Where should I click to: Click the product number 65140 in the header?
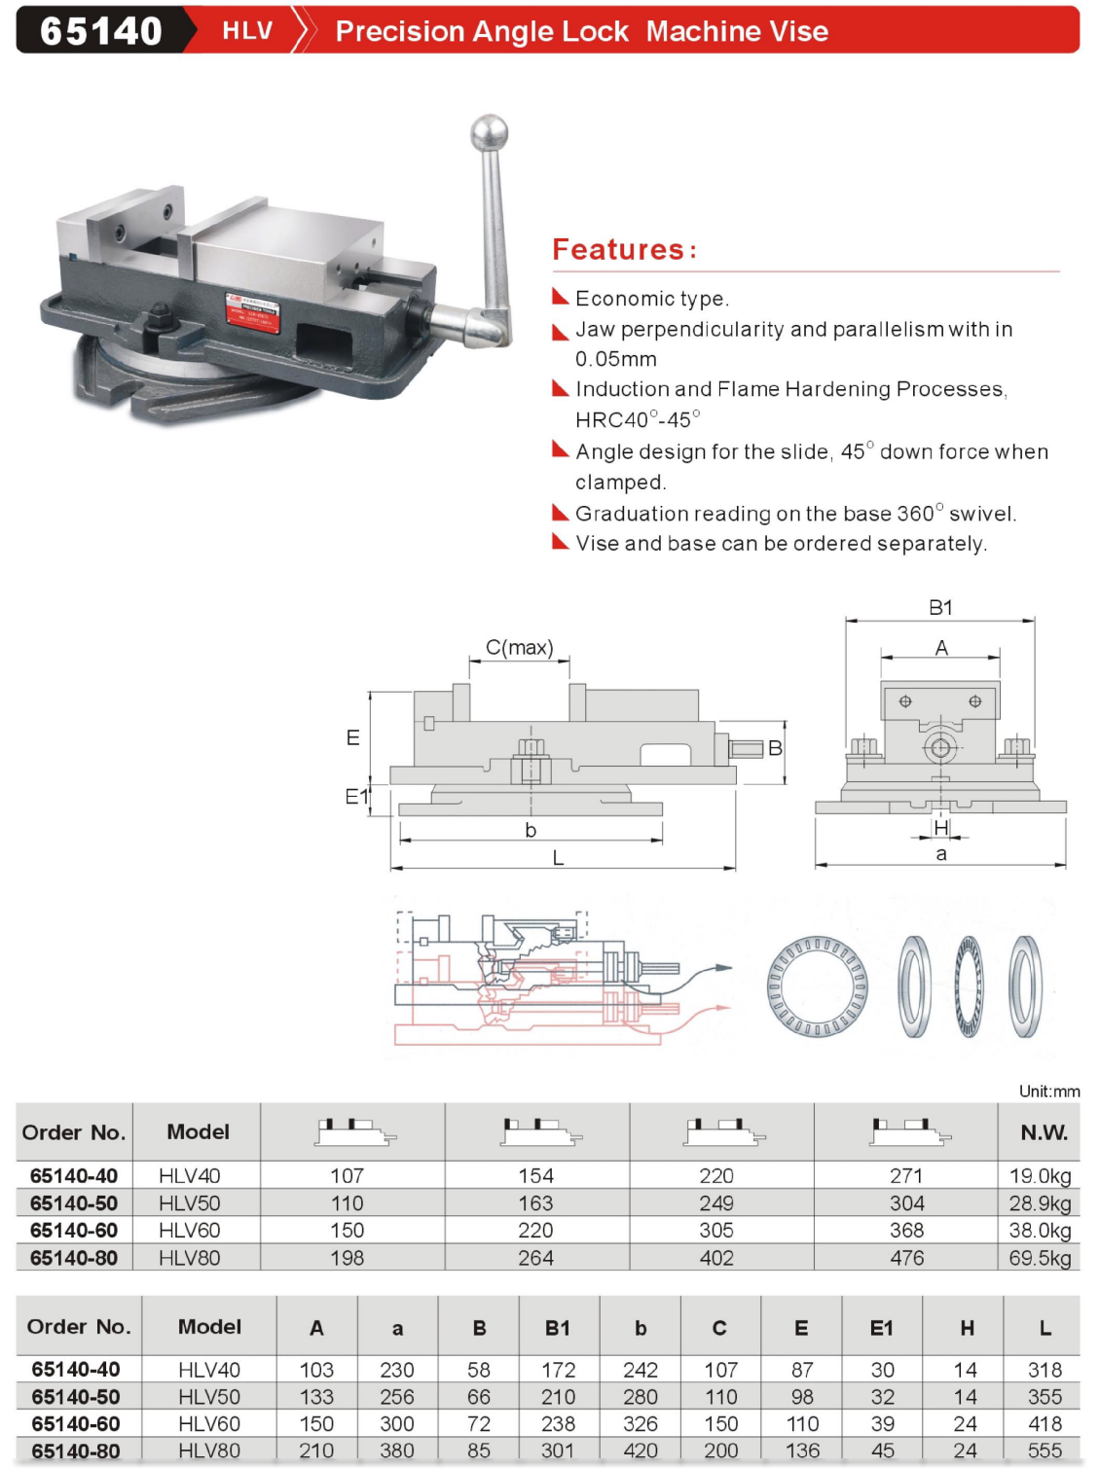click(100, 31)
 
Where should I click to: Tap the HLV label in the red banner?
click(247, 31)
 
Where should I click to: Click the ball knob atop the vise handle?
click(489, 132)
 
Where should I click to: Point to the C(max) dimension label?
click(519, 648)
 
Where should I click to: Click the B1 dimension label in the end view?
click(940, 608)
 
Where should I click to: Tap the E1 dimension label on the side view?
click(357, 797)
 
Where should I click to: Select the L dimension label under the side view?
click(558, 858)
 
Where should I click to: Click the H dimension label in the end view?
click(940, 828)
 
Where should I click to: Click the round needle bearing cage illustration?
click(817, 985)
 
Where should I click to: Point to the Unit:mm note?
click(1048, 1091)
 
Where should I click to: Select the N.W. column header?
click(1044, 1132)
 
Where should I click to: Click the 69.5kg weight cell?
click(1040, 1258)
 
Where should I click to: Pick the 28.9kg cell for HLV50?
click(1040, 1203)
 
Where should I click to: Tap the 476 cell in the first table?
click(906, 1258)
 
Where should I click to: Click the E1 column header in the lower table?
click(881, 1328)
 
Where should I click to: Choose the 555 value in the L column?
click(1045, 1451)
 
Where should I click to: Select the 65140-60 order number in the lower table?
click(76, 1423)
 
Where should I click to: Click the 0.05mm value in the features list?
click(616, 359)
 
